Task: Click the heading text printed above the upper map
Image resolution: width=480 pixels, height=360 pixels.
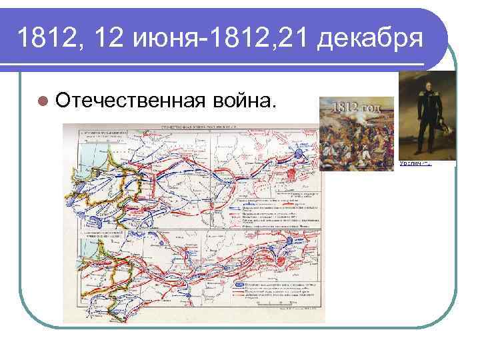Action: (x=200, y=126)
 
